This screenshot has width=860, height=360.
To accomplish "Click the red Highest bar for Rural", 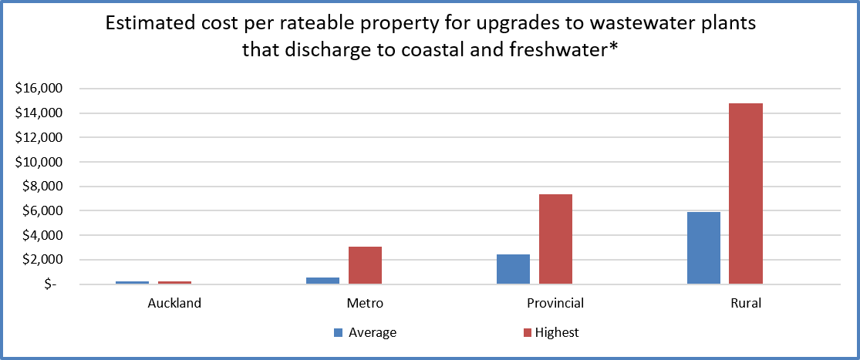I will point(746,193).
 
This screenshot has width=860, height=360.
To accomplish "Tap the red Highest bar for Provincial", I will point(555,239).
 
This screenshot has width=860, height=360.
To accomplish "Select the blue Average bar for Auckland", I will point(132,282).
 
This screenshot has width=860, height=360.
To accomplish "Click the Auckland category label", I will point(174,303).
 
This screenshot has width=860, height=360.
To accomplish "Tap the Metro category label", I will point(365,303).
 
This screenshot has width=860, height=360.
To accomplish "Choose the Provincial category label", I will point(555,303).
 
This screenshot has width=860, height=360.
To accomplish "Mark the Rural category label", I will point(746,303).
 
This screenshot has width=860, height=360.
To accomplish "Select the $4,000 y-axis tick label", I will point(39,235).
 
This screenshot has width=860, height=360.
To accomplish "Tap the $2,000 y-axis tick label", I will point(39,260).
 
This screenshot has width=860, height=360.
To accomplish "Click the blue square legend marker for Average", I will point(338,333).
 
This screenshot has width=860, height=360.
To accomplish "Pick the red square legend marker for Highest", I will point(528,333).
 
